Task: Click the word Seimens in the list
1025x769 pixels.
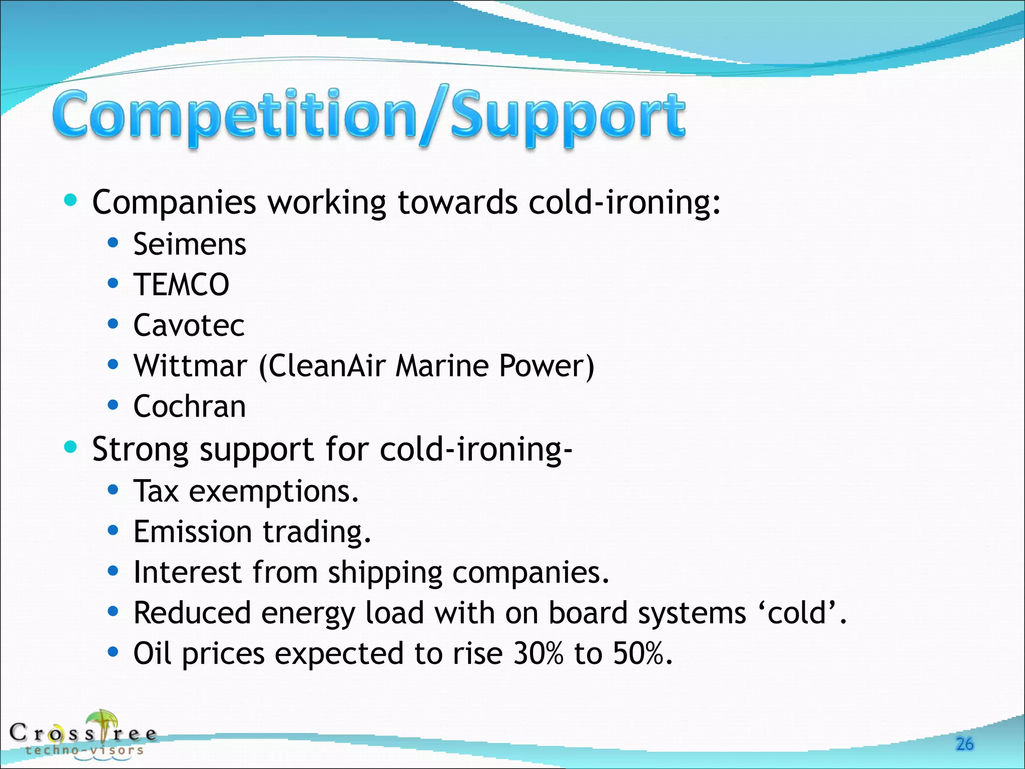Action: pyautogui.click(x=189, y=244)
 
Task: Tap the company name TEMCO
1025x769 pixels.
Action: pyautogui.click(x=181, y=284)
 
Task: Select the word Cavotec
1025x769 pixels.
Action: pyautogui.click(x=189, y=325)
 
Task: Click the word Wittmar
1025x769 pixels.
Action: pyautogui.click(x=190, y=365)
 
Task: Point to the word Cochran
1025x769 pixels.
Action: pyautogui.click(x=189, y=406)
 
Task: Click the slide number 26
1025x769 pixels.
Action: pyautogui.click(x=964, y=744)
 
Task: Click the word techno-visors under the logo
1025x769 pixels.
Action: pyautogui.click(x=84, y=750)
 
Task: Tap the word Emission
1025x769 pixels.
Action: pyautogui.click(x=192, y=532)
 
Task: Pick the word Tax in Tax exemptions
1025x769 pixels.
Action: pyautogui.click(x=156, y=491)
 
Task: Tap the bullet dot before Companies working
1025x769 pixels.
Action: pyautogui.click(x=71, y=201)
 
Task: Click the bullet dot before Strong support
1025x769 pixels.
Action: pyautogui.click(x=71, y=447)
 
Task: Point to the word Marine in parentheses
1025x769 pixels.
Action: pyautogui.click(x=441, y=365)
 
